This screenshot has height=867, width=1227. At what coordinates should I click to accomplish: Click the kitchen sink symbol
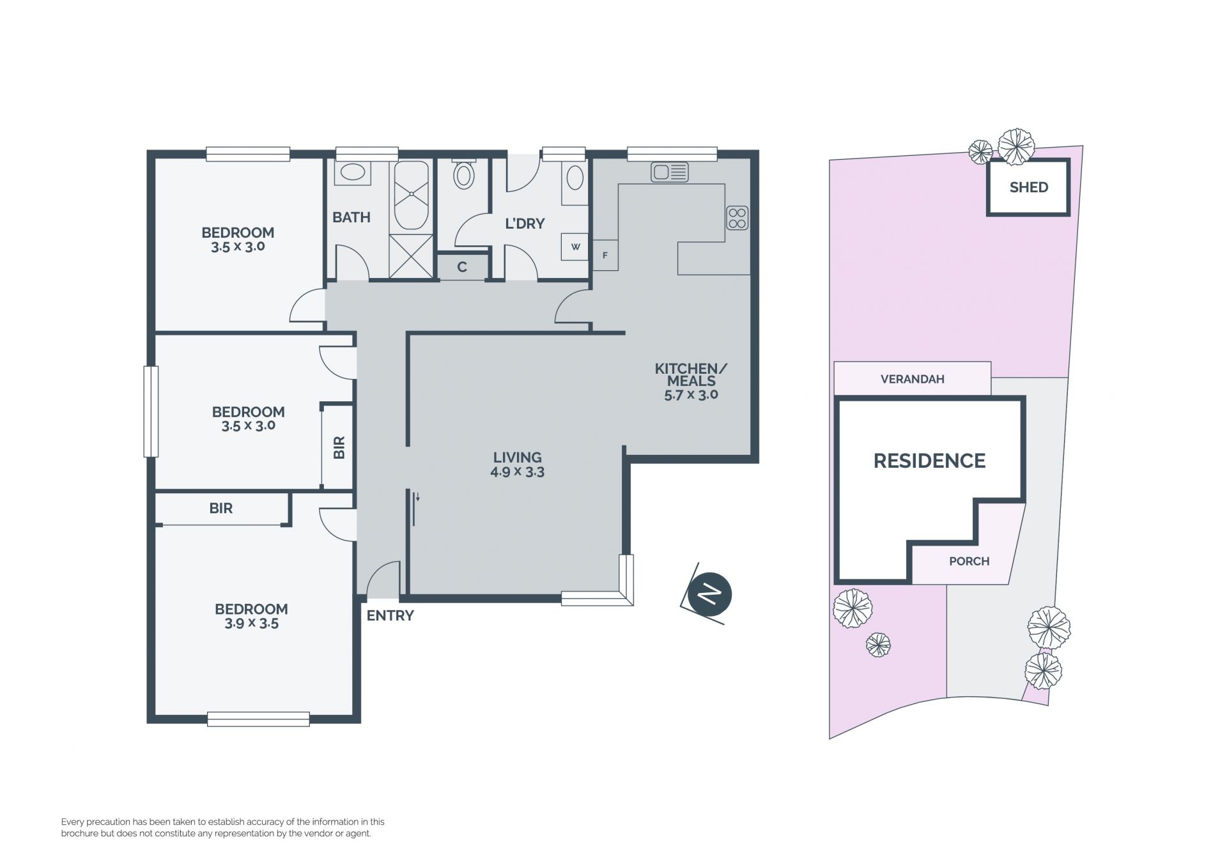pyautogui.click(x=669, y=172)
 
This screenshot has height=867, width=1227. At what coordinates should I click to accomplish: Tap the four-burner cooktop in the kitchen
pyautogui.click(x=737, y=217)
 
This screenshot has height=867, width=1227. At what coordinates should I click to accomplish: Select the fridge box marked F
pyautogui.click(x=605, y=255)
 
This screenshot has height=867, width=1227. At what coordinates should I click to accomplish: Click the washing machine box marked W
pyautogui.click(x=575, y=247)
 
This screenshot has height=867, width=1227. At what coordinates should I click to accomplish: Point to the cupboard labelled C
pyautogui.click(x=462, y=267)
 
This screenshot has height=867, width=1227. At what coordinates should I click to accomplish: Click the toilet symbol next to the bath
pyautogui.click(x=464, y=174)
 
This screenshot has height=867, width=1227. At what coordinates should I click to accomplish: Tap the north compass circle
pyautogui.click(x=710, y=595)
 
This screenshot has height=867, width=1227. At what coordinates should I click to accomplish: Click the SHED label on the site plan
pyautogui.click(x=1028, y=187)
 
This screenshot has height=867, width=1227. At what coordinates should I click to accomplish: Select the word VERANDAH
pyautogui.click(x=912, y=379)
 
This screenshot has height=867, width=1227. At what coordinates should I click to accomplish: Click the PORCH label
pyautogui.click(x=969, y=561)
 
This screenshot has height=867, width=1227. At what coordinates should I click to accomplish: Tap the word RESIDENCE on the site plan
pyautogui.click(x=929, y=461)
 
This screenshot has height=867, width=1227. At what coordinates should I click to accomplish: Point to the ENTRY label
pyautogui.click(x=390, y=615)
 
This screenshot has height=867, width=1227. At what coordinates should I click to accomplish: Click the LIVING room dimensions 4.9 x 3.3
pyautogui.click(x=517, y=472)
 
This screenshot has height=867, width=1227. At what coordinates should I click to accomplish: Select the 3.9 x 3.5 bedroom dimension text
pyautogui.click(x=251, y=624)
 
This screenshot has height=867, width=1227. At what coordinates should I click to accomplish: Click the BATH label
pyautogui.click(x=351, y=217)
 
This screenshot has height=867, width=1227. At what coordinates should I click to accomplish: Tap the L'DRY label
pyautogui.click(x=525, y=224)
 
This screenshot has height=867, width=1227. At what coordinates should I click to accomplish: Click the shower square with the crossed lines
pyautogui.click(x=411, y=256)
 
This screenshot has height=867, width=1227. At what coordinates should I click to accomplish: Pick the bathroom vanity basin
pyautogui.click(x=351, y=173)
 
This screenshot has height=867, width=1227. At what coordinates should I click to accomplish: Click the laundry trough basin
pyautogui.click(x=575, y=178)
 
